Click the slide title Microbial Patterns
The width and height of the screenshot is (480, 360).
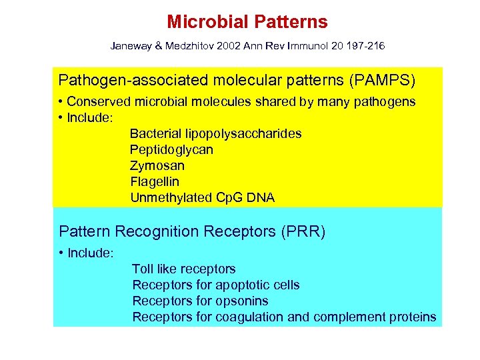[247, 22]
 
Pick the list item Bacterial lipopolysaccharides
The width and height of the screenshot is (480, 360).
[215, 134]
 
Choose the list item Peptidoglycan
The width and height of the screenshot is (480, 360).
[171, 150]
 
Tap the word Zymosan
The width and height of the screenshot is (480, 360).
[157, 166]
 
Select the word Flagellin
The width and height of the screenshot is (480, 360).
[154, 181]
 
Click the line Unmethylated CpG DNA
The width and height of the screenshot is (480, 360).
[202, 198]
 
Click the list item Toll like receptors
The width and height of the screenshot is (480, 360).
[183, 269]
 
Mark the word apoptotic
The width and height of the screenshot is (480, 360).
[242, 285]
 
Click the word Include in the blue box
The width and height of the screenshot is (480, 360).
[91, 254]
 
